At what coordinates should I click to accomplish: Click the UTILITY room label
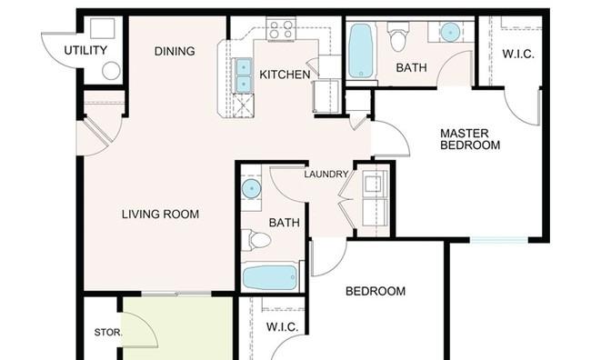coord(85,50)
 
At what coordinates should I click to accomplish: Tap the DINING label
coord(175,51)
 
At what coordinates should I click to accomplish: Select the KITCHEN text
coord(285,75)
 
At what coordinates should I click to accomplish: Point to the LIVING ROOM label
coord(160,215)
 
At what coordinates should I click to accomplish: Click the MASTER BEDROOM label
coord(470,139)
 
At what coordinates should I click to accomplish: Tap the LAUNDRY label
coord(326,175)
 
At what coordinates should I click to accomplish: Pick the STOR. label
coord(108,333)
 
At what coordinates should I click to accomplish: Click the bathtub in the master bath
coord(360,51)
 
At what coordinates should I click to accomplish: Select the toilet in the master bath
coord(399,36)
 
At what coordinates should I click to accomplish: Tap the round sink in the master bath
coord(450,32)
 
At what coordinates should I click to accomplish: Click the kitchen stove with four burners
coord(281,29)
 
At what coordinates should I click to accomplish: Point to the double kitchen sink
coord(243,75)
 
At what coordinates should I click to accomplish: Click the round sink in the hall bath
coord(251,188)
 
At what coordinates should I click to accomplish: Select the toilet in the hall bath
coord(256,240)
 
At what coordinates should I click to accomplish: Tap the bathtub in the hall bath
coord(270,277)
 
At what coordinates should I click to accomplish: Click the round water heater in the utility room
coord(111,71)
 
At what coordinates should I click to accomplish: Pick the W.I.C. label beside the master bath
coord(518,55)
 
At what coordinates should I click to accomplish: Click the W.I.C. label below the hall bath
coord(282,327)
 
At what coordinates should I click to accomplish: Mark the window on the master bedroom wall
coord(499,240)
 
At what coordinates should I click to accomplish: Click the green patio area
coord(177,328)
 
